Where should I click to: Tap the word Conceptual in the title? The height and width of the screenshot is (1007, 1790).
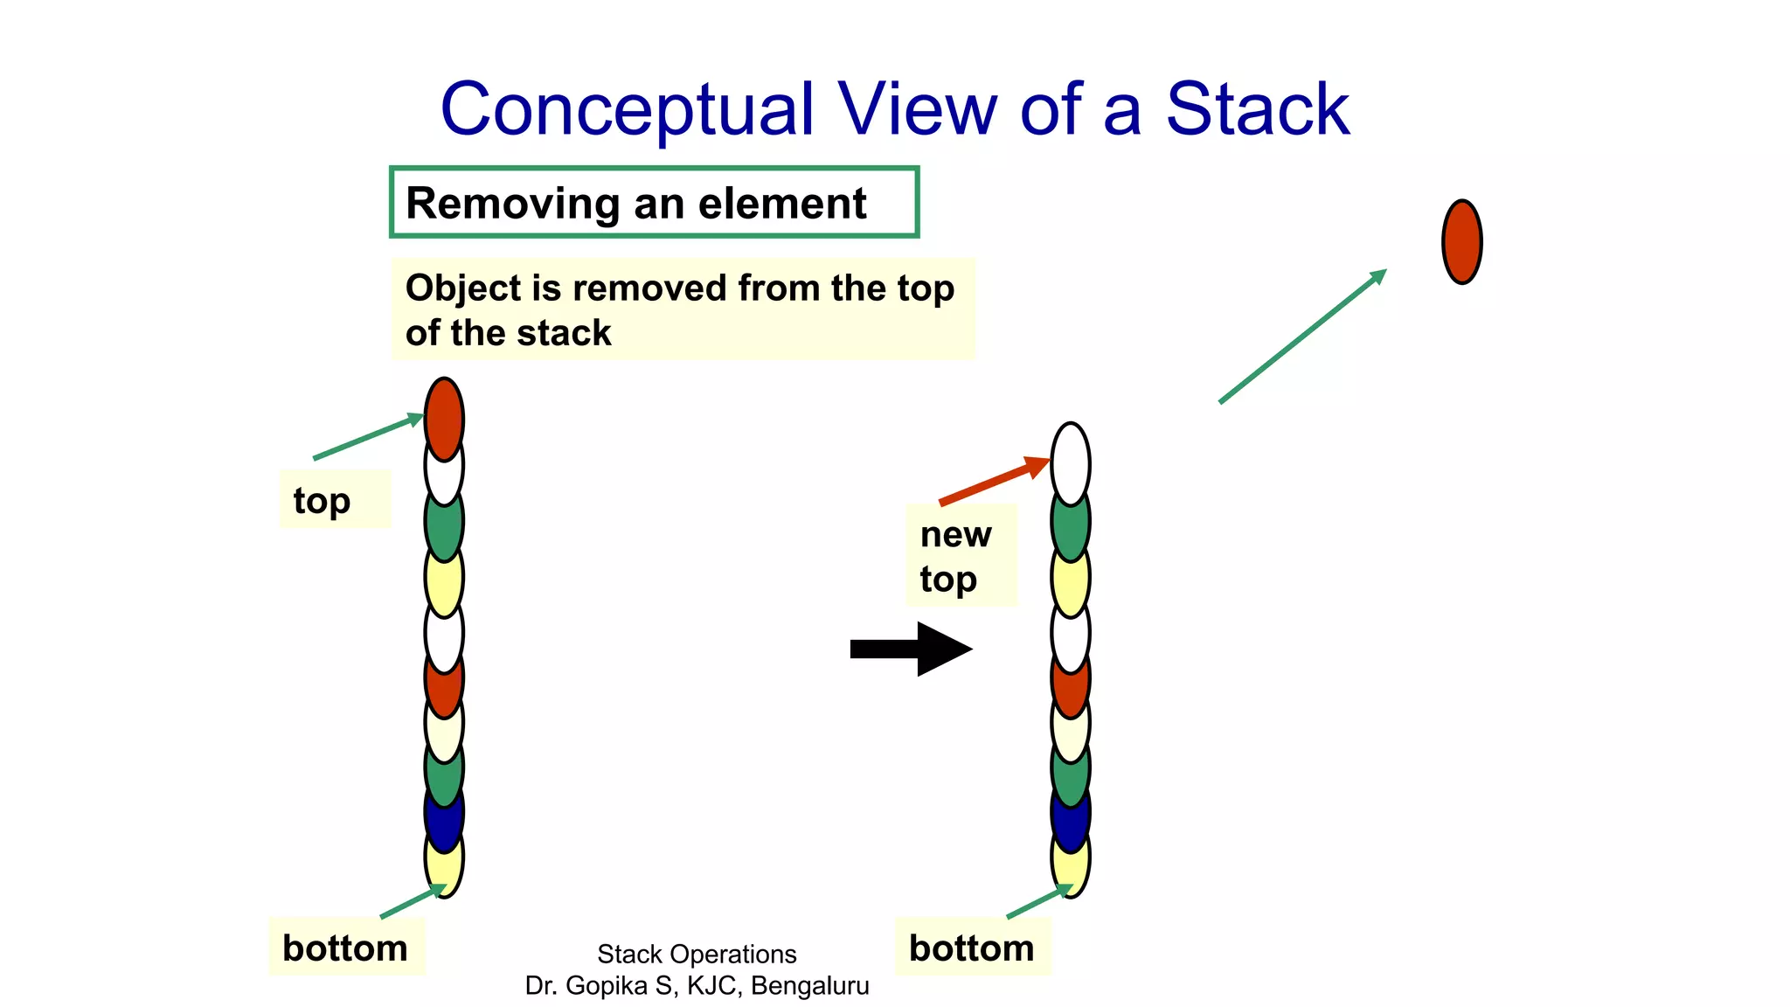[626, 111]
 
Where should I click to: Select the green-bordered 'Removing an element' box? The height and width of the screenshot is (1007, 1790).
[654, 202]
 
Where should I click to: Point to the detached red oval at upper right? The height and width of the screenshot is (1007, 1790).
[1461, 242]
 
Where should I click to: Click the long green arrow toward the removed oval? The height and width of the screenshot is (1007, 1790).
[1302, 336]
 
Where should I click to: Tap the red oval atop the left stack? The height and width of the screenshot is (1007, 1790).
[444, 417]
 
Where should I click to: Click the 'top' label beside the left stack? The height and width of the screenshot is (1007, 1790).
[322, 500]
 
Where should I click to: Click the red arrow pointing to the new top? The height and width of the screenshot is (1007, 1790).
[992, 481]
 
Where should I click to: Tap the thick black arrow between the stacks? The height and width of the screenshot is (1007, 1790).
[909, 649]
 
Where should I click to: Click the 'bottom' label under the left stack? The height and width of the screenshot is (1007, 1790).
[345, 948]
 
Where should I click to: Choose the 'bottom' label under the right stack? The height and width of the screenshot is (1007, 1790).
[971, 948]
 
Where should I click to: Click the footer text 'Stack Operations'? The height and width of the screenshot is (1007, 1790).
[697, 954]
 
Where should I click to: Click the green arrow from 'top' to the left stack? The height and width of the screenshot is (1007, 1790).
[367, 437]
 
